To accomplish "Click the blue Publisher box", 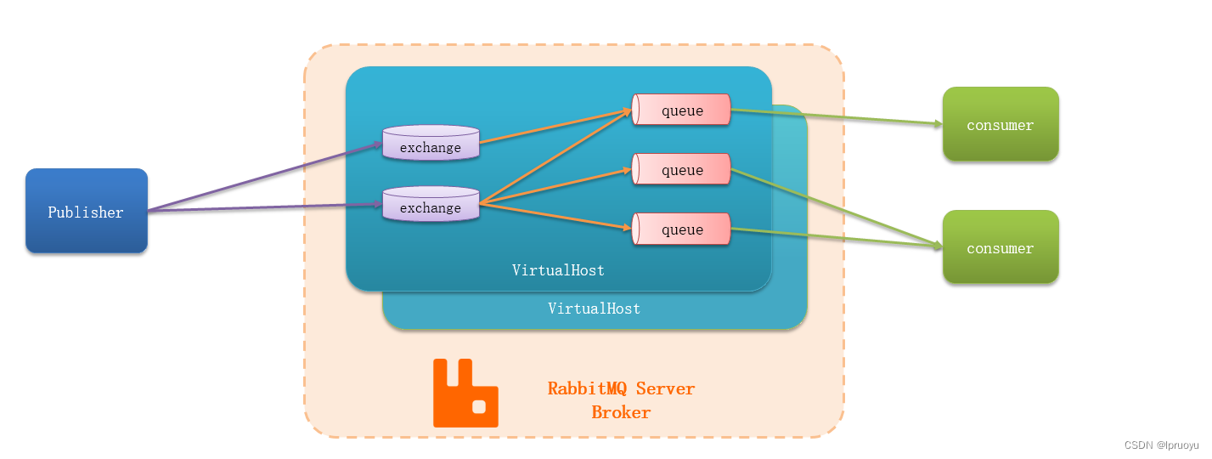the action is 87,211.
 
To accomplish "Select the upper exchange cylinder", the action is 431,142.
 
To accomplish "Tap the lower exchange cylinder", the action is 431,203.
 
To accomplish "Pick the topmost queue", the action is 681,110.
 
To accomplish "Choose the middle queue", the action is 681,169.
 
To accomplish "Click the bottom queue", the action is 681,229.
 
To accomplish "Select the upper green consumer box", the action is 1001,124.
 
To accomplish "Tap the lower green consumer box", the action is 1001,246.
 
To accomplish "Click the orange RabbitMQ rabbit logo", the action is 465,393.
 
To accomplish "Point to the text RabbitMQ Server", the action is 621,388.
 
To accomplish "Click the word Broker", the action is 621,412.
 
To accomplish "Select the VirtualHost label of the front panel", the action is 558,270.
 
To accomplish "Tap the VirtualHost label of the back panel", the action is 594,309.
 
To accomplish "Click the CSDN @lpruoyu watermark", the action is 1161,445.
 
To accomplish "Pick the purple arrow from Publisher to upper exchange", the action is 265,177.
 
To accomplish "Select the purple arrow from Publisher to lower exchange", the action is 265,207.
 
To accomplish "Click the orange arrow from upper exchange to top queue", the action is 555,126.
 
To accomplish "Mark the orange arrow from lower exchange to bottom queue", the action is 555,216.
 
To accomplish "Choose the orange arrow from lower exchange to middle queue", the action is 555,186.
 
